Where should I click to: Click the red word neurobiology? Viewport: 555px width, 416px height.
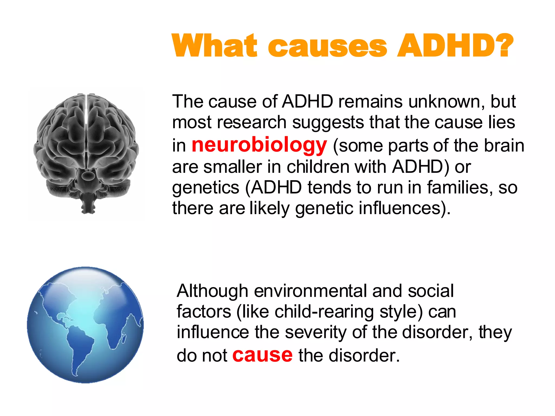pos(259,145)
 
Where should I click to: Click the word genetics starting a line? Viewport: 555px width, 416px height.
pos(206,188)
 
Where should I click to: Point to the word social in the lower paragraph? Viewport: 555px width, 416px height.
pos(431,291)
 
